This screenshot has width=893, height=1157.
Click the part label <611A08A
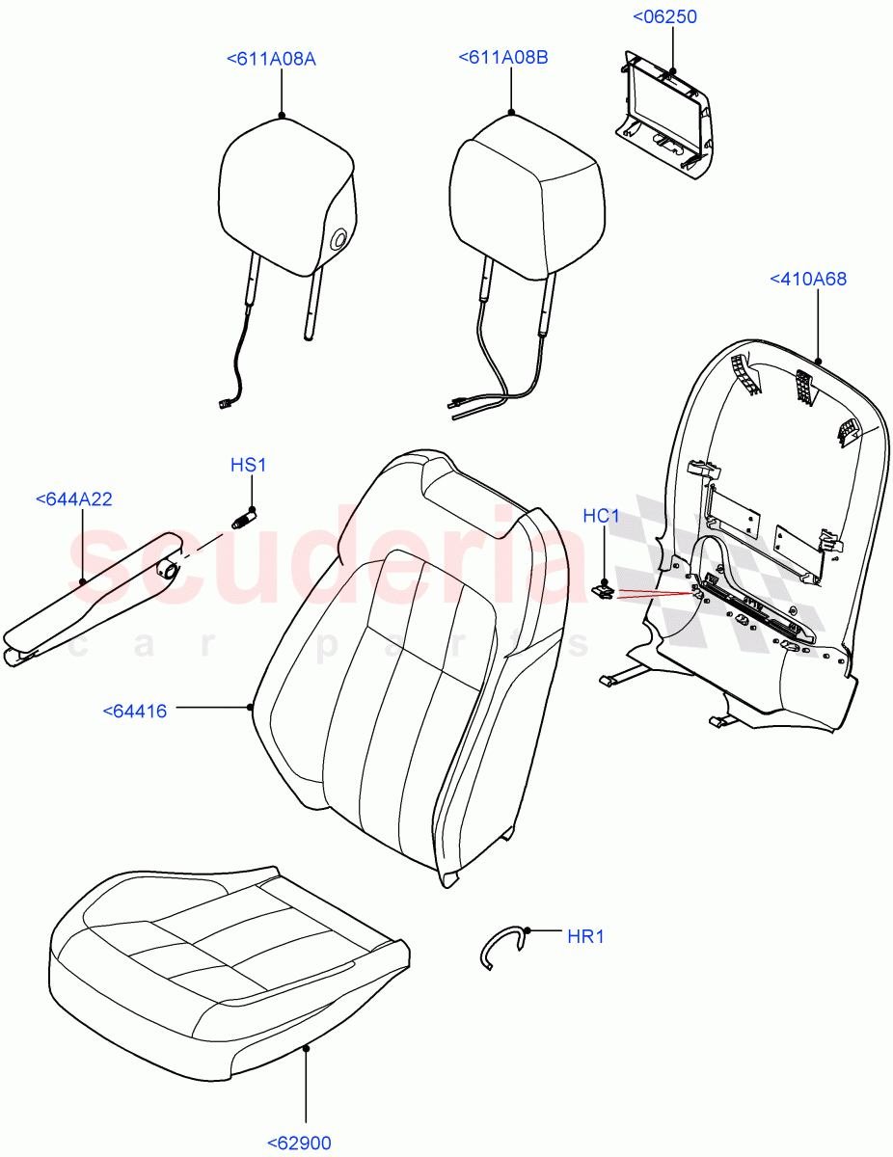pos(271,60)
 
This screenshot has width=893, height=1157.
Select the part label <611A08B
pos(502,59)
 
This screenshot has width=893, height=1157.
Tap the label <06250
pos(664,17)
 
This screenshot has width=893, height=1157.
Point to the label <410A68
pos(808,279)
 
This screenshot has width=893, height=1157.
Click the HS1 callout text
pos(248,466)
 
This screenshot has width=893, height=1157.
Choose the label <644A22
pos(73,498)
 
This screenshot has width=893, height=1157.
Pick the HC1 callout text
pos(601,517)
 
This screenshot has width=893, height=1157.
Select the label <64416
pos(134,712)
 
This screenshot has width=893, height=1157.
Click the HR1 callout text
pos(585,936)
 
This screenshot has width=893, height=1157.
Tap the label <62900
pos(298,1144)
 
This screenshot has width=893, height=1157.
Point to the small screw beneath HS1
pos(241,521)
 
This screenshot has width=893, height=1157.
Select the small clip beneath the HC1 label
pos(603,591)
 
